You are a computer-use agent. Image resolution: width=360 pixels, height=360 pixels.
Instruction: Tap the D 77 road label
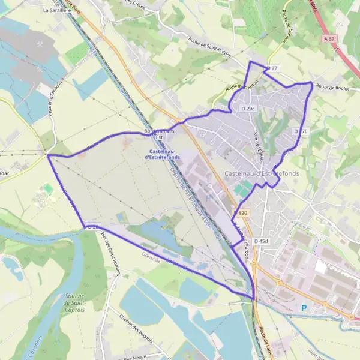pos(273,68)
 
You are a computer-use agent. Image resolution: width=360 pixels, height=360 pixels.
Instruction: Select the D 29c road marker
pos(248,109)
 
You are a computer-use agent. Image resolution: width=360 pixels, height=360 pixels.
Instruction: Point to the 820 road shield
pos(242,213)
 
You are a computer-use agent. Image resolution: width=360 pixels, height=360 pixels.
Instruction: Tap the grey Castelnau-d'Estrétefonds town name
pos(262,173)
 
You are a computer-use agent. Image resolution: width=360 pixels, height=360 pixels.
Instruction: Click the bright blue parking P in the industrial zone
pos(304,308)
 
